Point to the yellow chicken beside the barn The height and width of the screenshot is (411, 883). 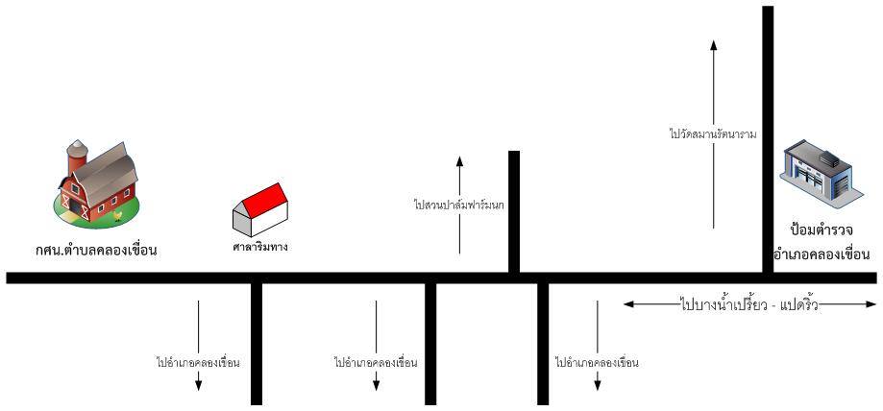(117, 214)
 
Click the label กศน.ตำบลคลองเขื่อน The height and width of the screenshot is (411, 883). (92, 251)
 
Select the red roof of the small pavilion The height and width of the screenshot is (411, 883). (263, 199)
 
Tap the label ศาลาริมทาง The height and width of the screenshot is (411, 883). (260, 247)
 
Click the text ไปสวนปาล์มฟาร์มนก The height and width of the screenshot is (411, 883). (459, 205)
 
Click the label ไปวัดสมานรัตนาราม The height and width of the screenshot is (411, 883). (713, 134)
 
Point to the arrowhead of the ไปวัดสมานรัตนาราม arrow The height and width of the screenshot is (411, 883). (713, 43)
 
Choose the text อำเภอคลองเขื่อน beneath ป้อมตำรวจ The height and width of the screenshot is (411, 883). (822, 254)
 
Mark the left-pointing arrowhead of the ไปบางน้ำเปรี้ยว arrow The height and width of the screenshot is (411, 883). (627, 305)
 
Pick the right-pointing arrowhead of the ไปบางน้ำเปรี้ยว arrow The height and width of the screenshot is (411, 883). (871, 305)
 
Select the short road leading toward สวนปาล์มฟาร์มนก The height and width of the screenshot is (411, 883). (514, 211)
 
